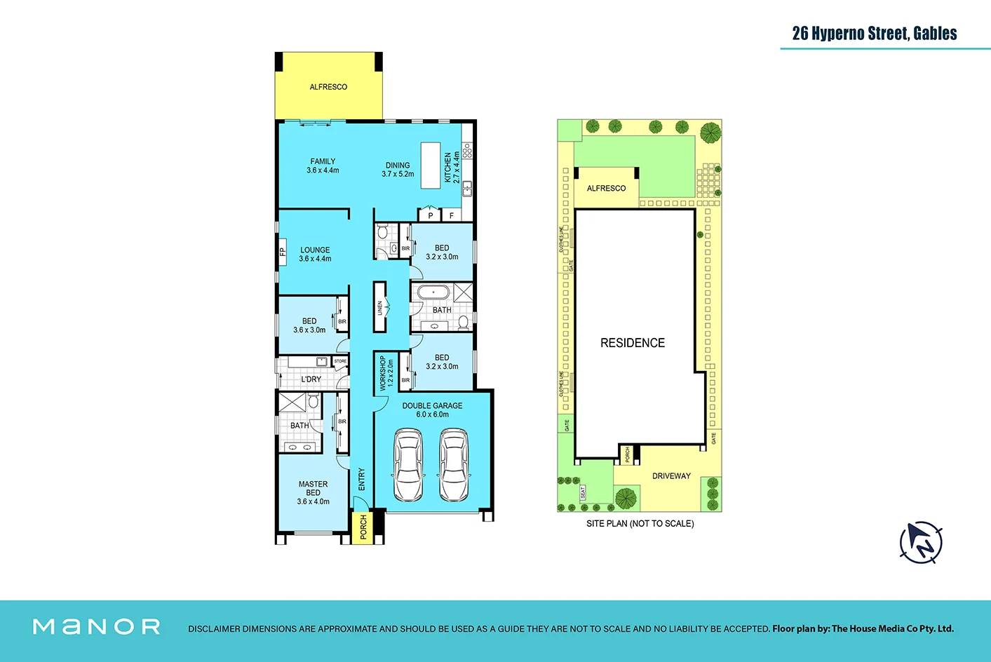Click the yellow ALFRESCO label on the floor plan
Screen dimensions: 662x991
pos(328,87)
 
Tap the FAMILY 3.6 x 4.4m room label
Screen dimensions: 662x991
pos(323,165)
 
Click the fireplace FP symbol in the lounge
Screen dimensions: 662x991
pos(283,251)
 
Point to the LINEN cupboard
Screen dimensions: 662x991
pos(380,307)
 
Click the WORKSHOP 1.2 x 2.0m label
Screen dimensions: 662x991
pos(386,372)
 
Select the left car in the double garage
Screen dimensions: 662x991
pos(407,466)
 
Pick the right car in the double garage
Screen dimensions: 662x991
pos(454,466)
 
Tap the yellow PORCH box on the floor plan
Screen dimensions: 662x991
pos(363,527)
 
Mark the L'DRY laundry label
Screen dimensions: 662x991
pos(311,379)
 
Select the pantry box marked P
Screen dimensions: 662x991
pos(430,215)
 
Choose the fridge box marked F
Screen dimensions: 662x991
pos(451,215)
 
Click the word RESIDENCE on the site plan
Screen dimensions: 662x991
pos(632,343)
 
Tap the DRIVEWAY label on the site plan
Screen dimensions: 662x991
pos(671,476)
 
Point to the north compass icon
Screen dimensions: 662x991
pos(921,542)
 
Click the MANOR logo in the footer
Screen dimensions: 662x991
pos(97,626)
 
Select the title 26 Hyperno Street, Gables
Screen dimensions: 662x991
pos(874,34)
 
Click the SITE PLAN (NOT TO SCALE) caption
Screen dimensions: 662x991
pos(640,524)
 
